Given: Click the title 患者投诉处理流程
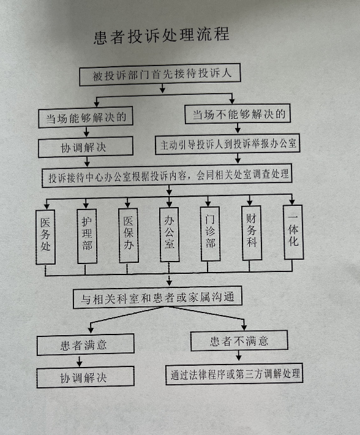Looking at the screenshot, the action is pyautogui.click(x=162, y=36).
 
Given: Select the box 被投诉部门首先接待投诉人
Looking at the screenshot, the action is pyautogui.click(x=160, y=75).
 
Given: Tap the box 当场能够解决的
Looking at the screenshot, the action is pyautogui.click(x=86, y=118).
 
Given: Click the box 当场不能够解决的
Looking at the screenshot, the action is pyautogui.click(x=238, y=114).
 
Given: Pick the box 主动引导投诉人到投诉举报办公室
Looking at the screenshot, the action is pyautogui.click(x=228, y=144).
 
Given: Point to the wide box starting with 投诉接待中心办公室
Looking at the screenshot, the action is pyautogui.click(x=167, y=176).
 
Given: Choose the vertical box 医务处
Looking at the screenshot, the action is pyautogui.click(x=45, y=237).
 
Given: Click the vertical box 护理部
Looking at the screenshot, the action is pyautogui.click(x=87, y=236).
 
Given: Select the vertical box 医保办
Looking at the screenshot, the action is pyautogui.click(x=129, y=235).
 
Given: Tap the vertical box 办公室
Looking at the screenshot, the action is pyautogui.click(x=170, y=235).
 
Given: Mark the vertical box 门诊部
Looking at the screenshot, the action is pyautogui.click(x=211, y=233).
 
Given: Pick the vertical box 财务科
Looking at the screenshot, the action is pyautogui.click(x=252, y=233).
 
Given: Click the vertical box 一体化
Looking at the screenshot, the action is pyautogui.click(x=293, y=232).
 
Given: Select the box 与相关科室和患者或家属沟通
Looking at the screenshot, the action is pyautogui.click(x=157, y=297).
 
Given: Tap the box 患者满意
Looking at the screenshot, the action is pyautogui.click(x=86, y=344).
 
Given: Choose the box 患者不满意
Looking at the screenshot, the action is pyautogui.click(x=239, y=341).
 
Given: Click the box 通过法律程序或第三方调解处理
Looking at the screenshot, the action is pyautogui.click(x=234, y=374).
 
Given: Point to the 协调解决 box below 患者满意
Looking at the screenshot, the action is pyautogui.click(x=85, y=377).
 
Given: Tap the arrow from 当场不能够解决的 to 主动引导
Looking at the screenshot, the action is pyautogui.click(x=238, y=128).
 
